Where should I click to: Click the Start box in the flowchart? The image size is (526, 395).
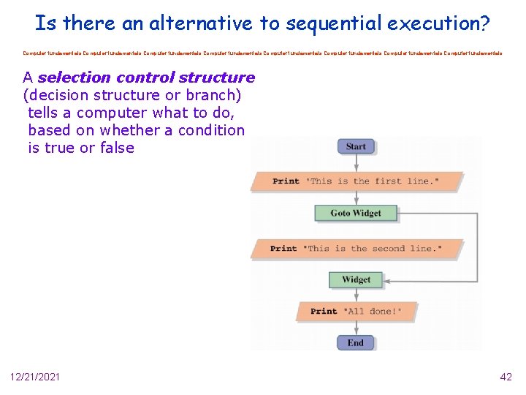356,146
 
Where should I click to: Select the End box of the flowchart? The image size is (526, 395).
356,342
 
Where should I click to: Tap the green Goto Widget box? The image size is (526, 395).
356,213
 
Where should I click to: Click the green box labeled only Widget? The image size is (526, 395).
356,279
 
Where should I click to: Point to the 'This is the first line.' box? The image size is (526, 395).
357,181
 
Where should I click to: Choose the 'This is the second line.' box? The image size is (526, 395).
357,248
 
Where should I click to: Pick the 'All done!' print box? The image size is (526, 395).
356,311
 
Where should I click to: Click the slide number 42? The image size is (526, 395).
506,377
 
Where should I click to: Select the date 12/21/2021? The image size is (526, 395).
35,377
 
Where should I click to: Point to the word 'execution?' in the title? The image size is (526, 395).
439,23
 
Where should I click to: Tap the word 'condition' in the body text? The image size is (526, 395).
210,130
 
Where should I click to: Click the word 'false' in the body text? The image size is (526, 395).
116,148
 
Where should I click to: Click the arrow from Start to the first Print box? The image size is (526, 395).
356,162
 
